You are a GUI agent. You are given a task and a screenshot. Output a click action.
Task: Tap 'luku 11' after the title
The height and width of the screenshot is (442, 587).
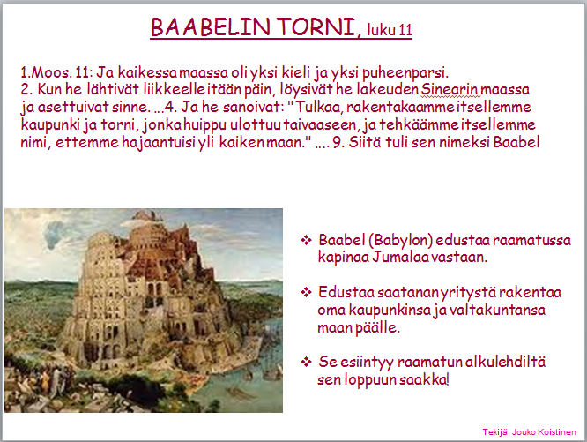coord(390,29)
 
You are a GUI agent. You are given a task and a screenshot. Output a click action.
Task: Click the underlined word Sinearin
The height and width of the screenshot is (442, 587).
coord(450,89)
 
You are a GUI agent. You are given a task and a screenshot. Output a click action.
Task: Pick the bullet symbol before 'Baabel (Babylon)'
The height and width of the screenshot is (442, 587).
coord(306,240)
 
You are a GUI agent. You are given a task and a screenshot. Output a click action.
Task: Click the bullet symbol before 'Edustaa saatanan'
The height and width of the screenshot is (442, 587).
coord(306,292)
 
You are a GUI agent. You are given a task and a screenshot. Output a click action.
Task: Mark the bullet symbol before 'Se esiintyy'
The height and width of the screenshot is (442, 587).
coord(306,362)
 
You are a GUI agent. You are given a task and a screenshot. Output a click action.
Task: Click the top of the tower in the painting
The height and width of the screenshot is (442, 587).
coord(145,214)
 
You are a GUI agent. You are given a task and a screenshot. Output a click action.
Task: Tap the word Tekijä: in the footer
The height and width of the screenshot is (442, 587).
coord(496,432)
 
